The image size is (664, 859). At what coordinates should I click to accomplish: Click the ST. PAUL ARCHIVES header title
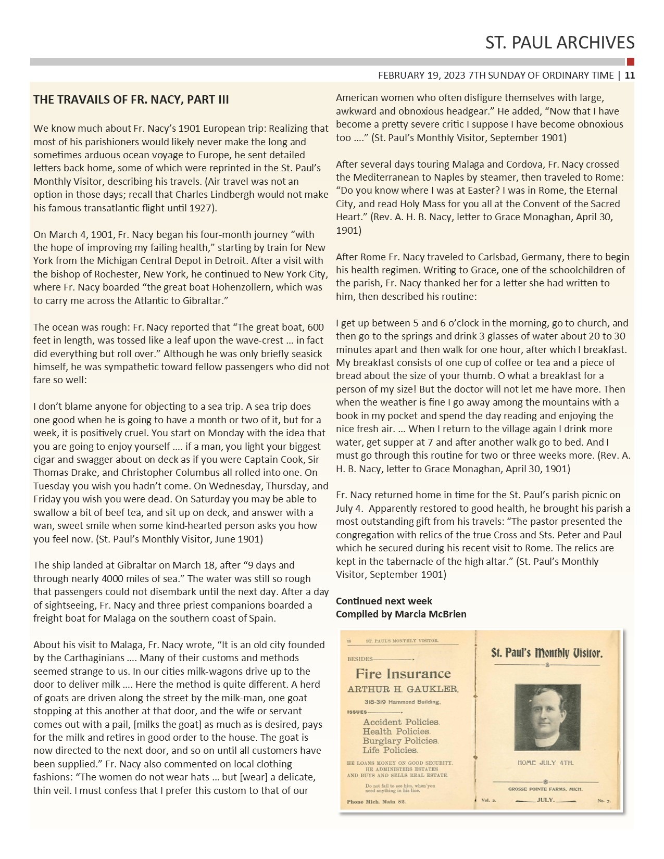[x=560, y=42]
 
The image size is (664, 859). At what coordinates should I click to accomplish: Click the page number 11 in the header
[x=630, y=75]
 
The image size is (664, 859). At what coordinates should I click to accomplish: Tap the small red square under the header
[x=631, y=61]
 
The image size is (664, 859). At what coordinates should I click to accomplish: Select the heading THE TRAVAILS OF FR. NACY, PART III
[x=131, y=99]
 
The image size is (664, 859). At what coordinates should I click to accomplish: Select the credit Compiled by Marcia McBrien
[x=401, y=614]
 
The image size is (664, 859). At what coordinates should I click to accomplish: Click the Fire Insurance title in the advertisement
[x=403, y=674]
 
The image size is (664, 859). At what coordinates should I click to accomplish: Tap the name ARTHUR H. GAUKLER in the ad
[x=403, y=689]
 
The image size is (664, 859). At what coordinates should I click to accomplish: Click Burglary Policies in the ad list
[x=400, y=740]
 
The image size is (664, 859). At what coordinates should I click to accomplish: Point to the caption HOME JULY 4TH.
[x=545, y=763]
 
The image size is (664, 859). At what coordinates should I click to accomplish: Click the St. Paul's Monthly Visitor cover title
[x=547, y=653]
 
